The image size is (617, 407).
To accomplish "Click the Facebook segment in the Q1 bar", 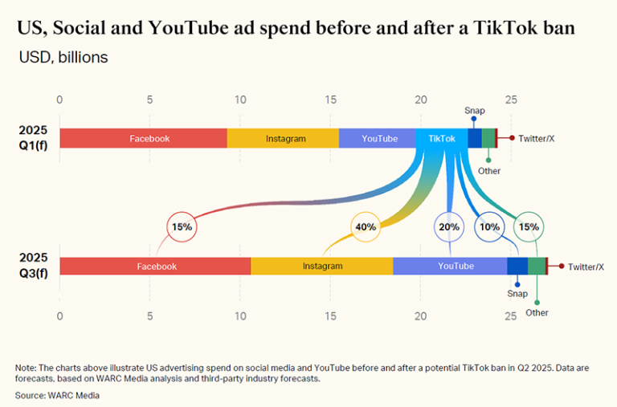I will (x=150, y=138).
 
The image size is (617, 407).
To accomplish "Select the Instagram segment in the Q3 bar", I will (x=322, y=266).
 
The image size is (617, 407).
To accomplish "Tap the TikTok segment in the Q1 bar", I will (x=442, y=138).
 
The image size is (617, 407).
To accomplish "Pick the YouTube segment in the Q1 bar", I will (x=379, y=138).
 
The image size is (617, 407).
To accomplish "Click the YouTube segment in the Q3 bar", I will (x=455, y=266).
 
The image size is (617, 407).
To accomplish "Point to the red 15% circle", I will (x=182, y=227).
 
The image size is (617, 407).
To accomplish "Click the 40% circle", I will (x=366, y=227).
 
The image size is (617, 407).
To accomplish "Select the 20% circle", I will (x=448, y=227).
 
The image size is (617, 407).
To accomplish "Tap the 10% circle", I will (x=489, y=227).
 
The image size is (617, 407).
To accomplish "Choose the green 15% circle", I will (x=529, y=227).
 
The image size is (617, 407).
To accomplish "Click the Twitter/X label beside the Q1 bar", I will (x=536, y=138).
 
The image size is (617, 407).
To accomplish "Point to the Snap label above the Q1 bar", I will (x=473, y=111).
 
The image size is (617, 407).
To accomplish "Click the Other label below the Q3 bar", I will (x=537, y=312).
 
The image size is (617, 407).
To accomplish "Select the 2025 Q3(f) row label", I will (x=35, y=266).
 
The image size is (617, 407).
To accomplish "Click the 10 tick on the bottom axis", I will (x=240, y=315).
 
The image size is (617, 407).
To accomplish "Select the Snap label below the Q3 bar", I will (x=517, y=294).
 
